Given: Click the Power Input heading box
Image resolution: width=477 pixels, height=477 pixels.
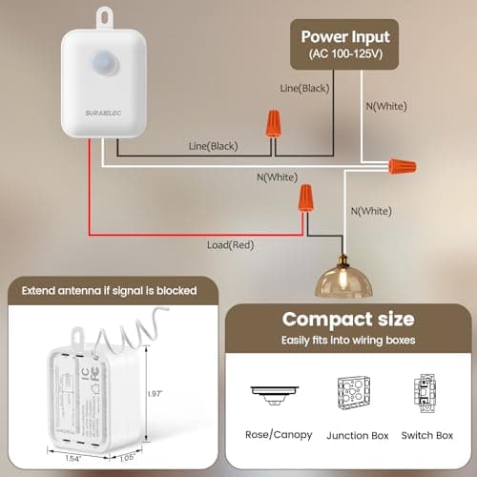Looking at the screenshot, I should pos(345,44).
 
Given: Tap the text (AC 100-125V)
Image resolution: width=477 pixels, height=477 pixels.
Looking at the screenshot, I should pos(345,53).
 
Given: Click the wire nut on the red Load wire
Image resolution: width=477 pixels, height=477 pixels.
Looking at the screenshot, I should pos(307,199).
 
